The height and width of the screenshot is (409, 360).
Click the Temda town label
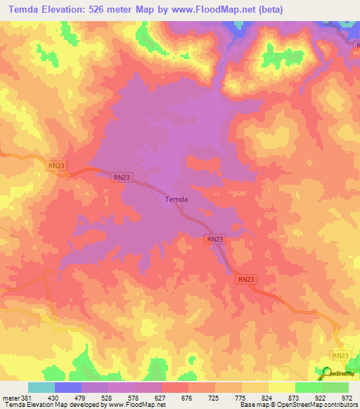click(x=176, y=200)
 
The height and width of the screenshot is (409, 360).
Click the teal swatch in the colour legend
click(x=41, y=387)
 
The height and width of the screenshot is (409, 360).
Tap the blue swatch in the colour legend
click(x=68, y=387)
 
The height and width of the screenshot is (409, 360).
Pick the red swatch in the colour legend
click(x=175, y=387)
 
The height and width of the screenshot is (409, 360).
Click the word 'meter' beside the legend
click(x=8, y=396)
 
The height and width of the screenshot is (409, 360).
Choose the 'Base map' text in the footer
click(x=253, y=405)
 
